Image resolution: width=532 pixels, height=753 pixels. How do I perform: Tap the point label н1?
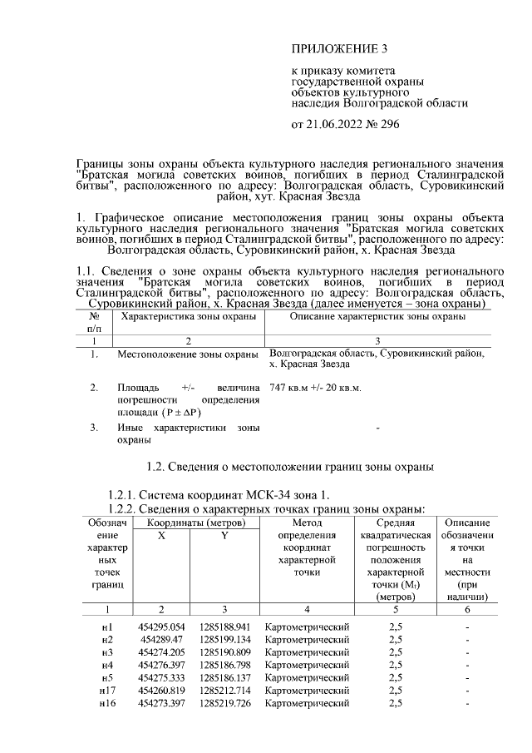click(106, 626)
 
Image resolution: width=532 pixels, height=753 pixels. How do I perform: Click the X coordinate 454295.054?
click(162, 626)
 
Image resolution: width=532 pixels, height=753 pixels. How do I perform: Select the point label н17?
click(106, 691)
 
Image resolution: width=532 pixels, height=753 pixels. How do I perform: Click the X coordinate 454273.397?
click(162, 704)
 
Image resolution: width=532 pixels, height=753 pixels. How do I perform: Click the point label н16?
click(106, 704)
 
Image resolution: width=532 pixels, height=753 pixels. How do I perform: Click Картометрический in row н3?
click(307, 651)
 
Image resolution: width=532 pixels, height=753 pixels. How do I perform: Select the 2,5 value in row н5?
click(396, 678)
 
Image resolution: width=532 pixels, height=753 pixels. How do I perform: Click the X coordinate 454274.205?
click(162, 651)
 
